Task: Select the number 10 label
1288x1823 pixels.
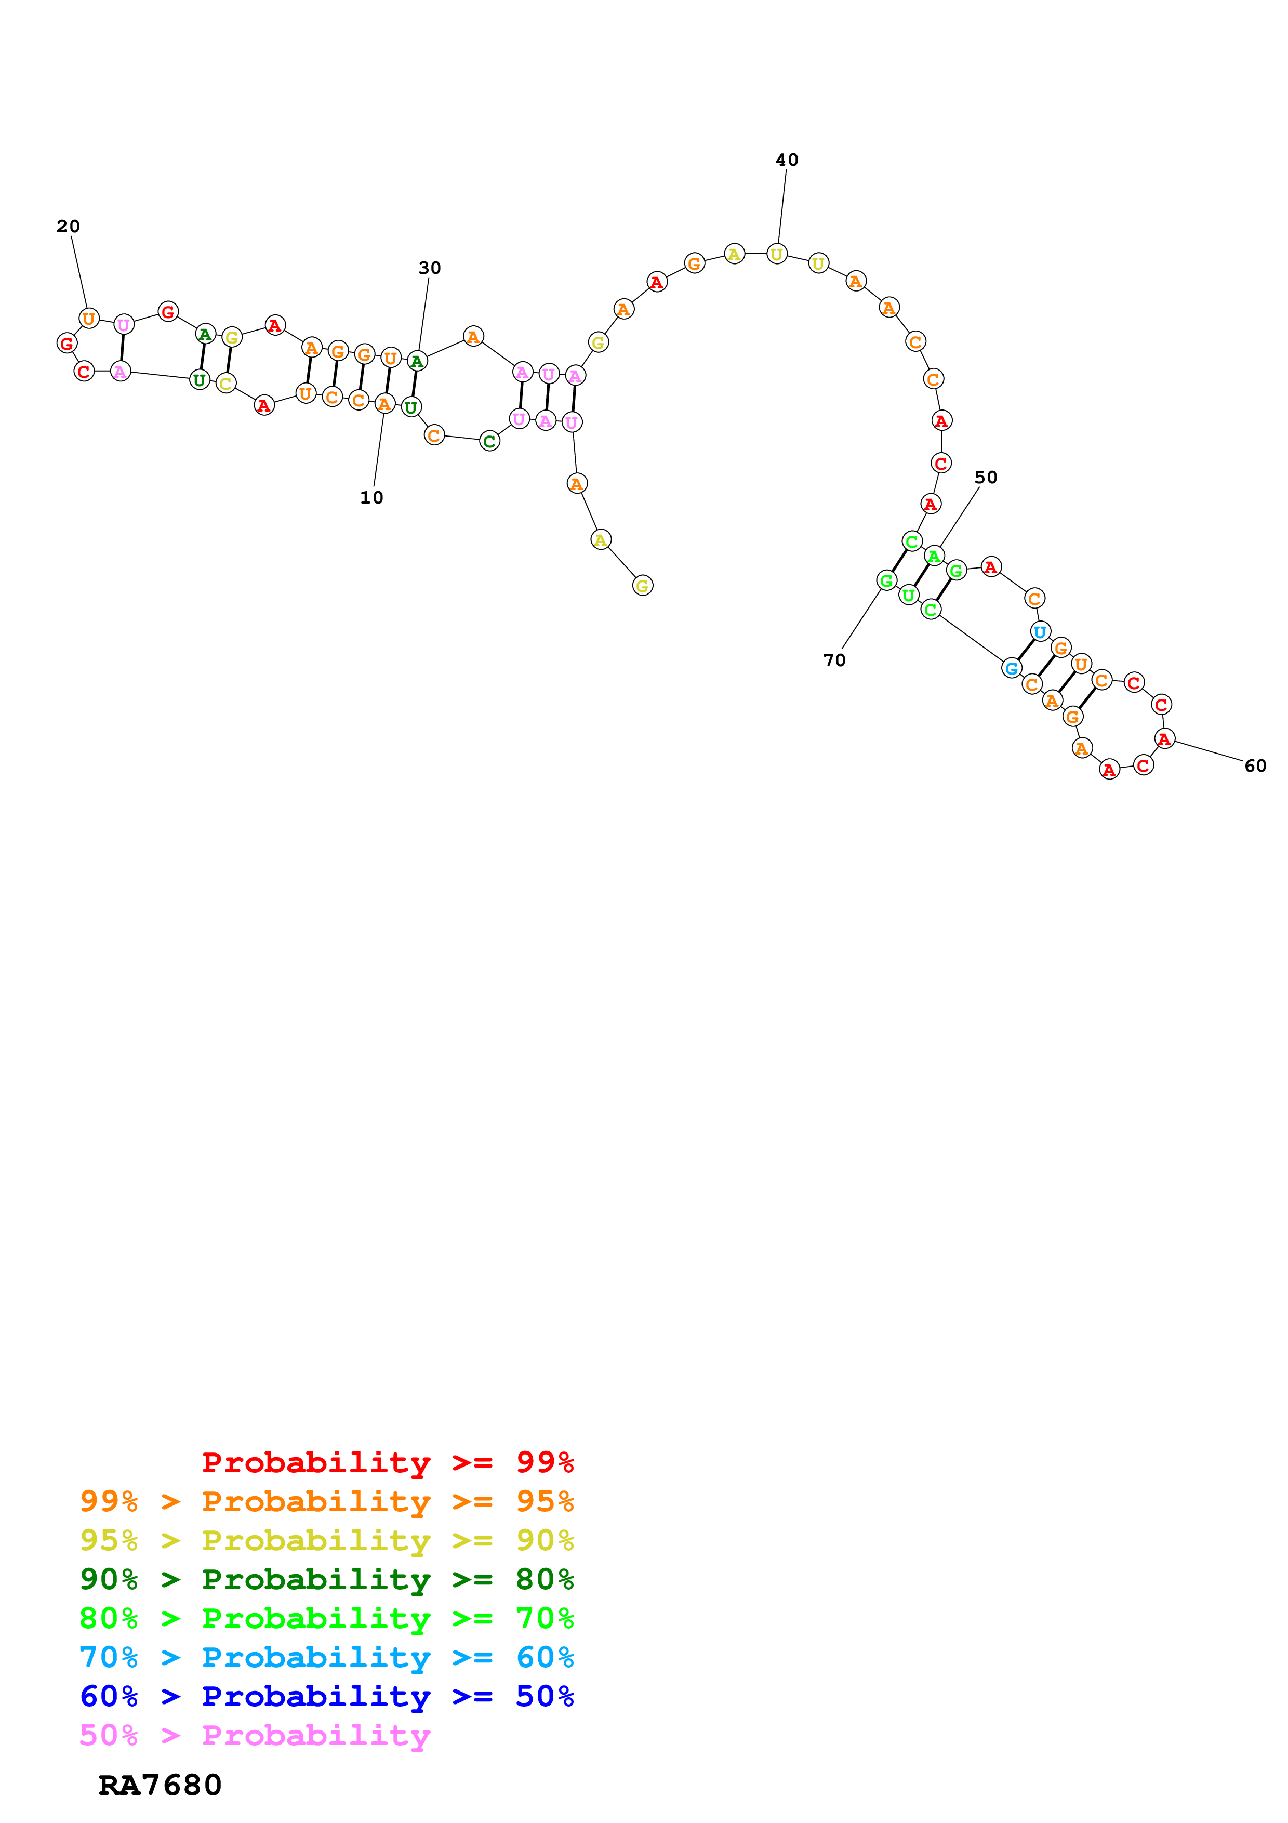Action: pos(371,498)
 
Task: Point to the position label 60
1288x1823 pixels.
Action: pos(1255,766)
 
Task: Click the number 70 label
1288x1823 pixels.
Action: pos(834,660)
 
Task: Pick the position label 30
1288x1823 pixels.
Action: pos(429,268)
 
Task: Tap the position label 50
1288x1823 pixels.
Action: pos(986,477)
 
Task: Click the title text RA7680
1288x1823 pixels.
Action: pos(160,1786)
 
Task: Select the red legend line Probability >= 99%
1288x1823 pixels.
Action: pos(387,1462)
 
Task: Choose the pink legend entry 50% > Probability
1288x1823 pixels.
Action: pos(255,1736)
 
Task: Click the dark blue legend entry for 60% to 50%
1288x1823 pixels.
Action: pos(326,1697)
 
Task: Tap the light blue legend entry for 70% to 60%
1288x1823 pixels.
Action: pos(326,1658)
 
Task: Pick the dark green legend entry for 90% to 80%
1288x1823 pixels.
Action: pos(326,1580)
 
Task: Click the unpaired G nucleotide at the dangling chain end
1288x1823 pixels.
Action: pos(642,586)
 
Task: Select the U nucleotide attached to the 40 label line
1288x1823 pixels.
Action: pos(776,254)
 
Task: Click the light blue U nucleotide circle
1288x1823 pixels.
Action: pos(1040,632)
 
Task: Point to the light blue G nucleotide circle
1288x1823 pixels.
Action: pos(1011,668)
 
